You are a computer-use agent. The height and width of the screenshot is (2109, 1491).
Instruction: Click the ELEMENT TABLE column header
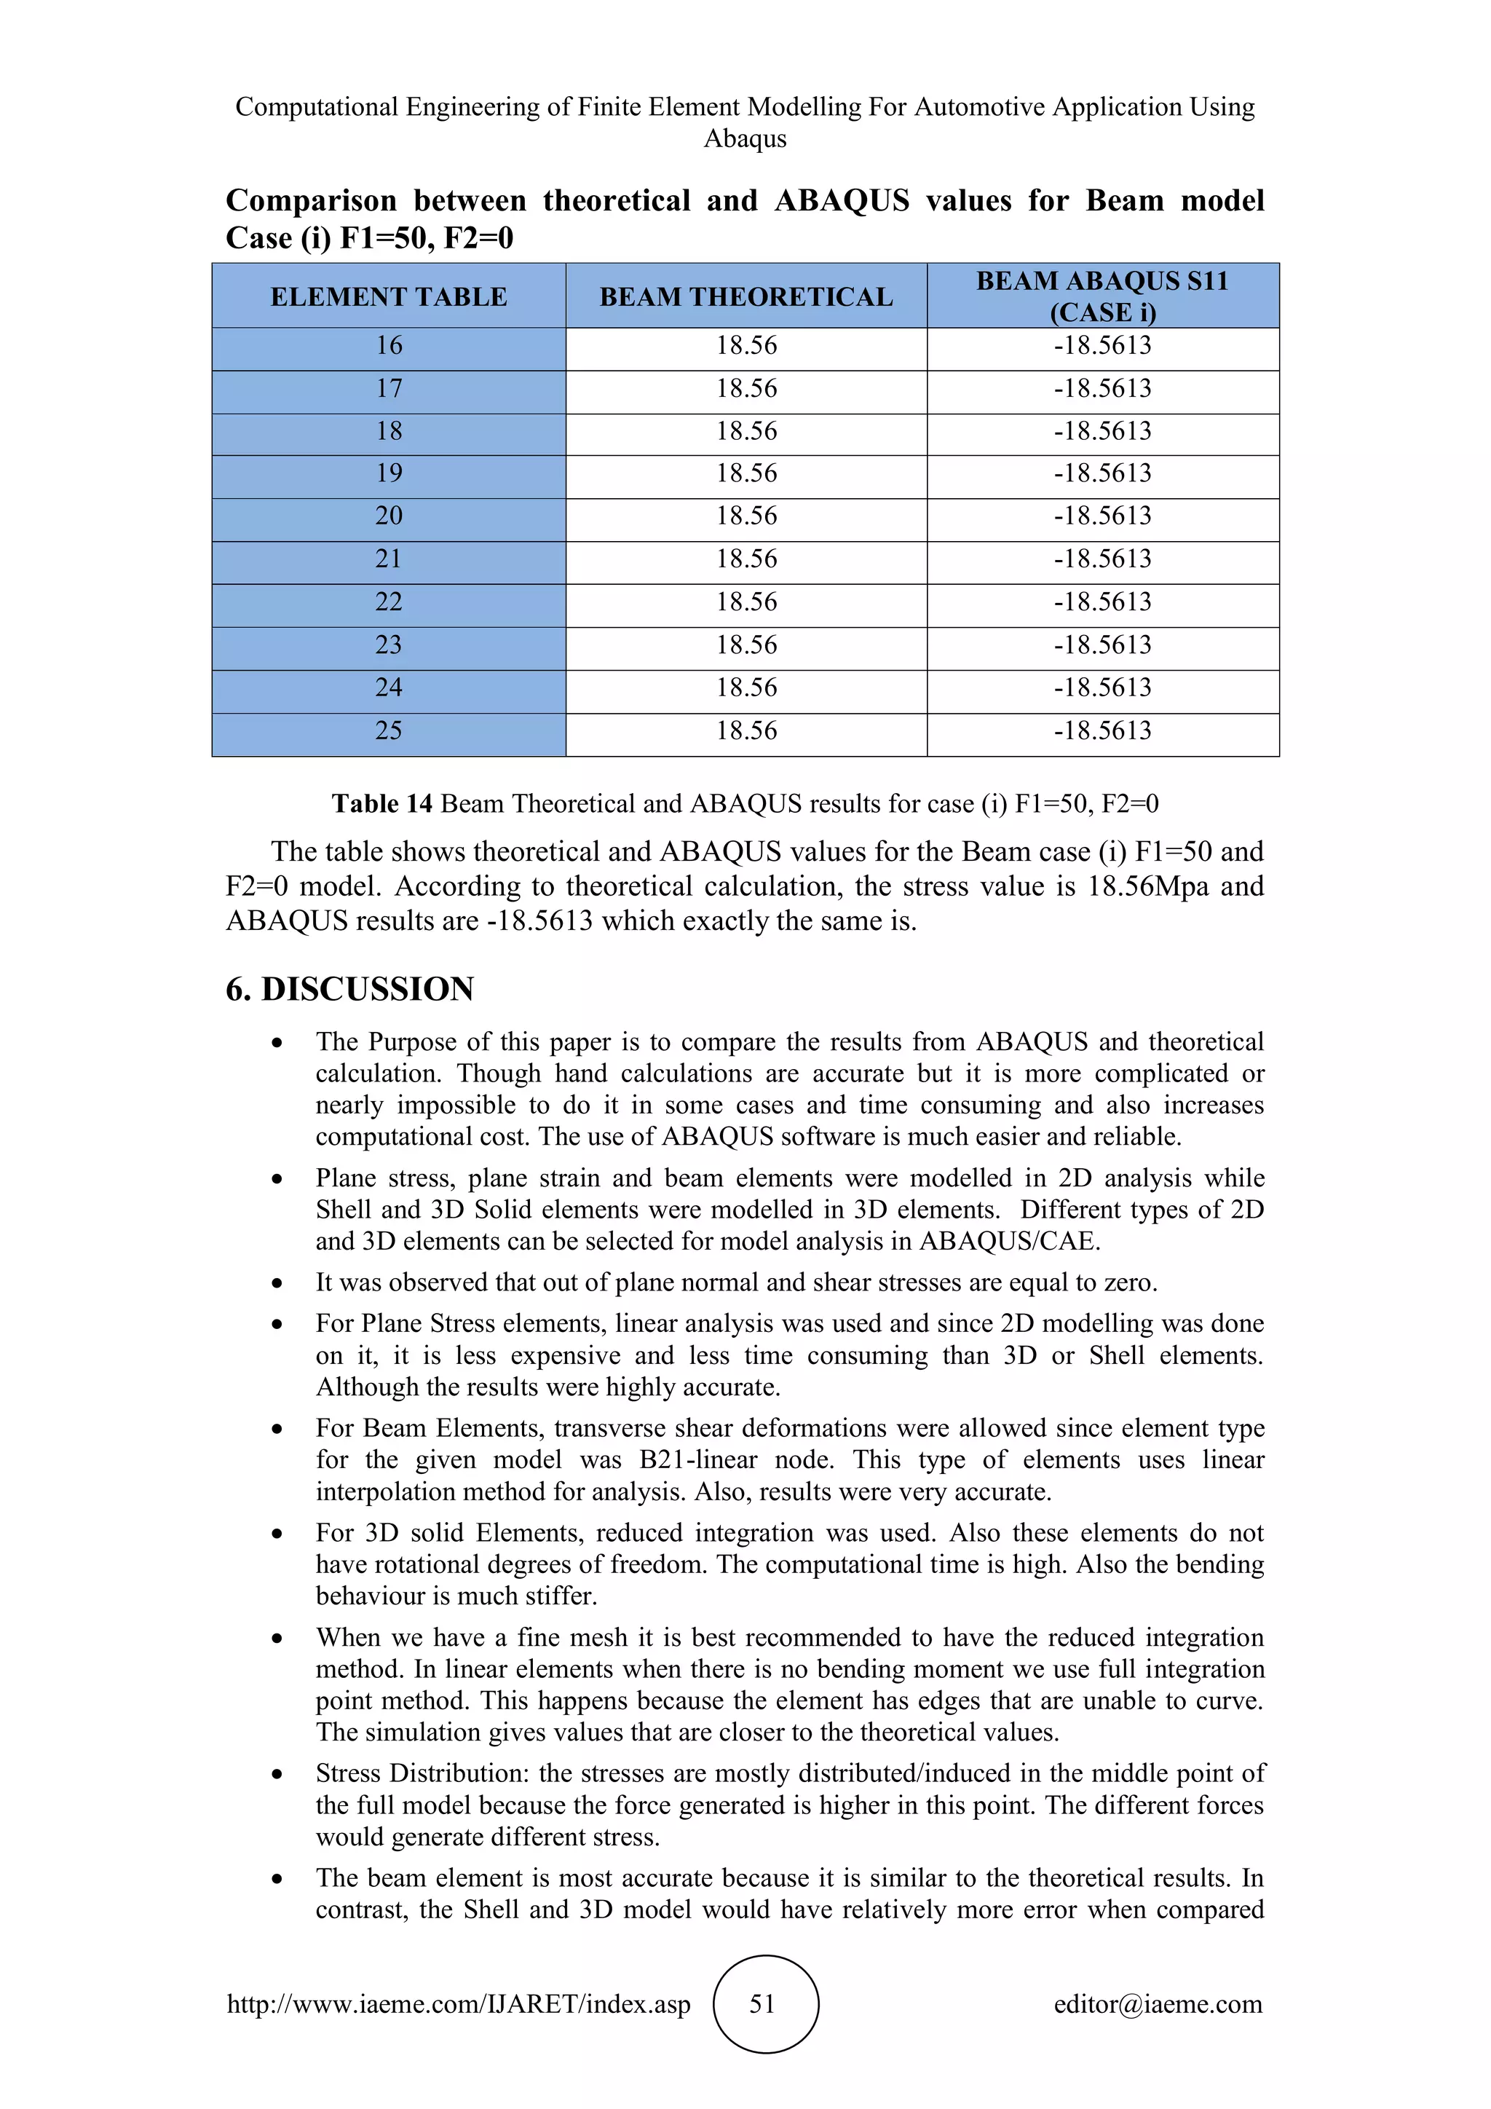388,296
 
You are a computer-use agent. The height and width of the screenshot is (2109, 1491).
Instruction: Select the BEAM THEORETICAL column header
745,296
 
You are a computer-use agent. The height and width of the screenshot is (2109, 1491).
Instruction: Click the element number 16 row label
388,345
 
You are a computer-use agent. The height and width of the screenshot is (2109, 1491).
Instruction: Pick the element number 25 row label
388,730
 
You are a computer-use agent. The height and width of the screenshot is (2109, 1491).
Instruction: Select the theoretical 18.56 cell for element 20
745,516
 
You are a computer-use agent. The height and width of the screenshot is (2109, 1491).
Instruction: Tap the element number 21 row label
388,559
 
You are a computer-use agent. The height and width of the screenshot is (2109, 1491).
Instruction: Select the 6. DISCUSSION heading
349,989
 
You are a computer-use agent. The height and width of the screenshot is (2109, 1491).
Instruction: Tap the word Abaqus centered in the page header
745,138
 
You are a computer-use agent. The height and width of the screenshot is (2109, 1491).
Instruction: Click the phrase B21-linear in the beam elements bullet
707,1459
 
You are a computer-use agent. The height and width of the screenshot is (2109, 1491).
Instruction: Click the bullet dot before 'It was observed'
277,1283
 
